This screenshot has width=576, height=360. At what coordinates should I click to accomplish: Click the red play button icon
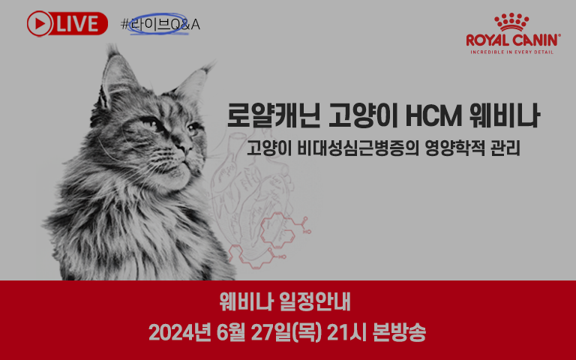40,23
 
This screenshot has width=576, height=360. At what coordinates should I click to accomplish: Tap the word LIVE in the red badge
77,24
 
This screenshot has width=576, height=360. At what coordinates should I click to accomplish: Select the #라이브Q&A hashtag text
160,25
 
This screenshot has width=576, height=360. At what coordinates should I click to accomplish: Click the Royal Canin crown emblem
511,22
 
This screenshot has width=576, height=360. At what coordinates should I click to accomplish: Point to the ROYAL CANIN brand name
513,40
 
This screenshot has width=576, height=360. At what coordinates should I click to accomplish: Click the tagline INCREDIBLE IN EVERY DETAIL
512,52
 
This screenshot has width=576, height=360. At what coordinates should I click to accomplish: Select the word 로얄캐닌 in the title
273,115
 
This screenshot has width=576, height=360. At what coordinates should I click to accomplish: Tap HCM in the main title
433,116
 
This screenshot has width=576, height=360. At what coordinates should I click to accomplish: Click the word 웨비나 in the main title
505,115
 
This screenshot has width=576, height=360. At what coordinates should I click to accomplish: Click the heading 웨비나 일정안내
285,302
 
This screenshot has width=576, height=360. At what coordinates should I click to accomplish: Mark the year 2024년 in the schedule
180,332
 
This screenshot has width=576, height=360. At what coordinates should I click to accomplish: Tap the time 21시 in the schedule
346,332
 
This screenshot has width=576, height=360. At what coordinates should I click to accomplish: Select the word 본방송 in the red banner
399,332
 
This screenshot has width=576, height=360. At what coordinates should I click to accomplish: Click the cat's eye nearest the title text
193,128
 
